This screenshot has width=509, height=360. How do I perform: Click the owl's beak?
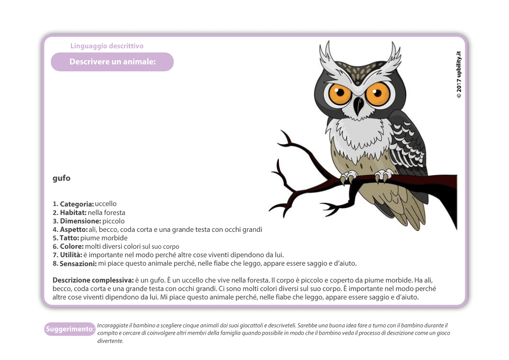(x=358, y=105)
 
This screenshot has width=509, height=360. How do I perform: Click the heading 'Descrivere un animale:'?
(x=112, y=62)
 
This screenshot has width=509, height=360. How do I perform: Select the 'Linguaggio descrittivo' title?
(x=107, y=46)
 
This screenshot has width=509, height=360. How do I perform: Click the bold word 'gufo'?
(x=62, y=178)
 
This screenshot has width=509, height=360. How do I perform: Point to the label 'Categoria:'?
(x=77, y=204)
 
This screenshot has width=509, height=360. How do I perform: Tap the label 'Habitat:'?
(x=73, y=213)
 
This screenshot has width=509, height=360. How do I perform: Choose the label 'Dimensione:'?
(x=80, y=221)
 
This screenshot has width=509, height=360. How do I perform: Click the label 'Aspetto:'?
(x=74, y=230)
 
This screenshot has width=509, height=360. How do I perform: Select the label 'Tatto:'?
(x=69, y=238)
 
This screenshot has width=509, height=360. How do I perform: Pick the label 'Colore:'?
(x=72, y=246)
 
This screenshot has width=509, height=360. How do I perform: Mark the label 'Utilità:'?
(x=71, y=255)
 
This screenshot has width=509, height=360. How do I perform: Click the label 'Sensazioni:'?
(x=78, y=264)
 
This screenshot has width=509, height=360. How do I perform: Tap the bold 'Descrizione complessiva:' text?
(x=93, y=280)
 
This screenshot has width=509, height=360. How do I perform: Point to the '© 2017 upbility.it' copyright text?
(x=459, y=75)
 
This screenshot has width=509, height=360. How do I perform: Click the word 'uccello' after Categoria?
(x=106, y=204)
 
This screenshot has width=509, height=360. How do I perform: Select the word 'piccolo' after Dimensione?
(x=114, y=221)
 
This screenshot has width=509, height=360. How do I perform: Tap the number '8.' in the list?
(x=55, y=264)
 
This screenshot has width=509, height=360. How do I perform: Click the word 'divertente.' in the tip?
(x=110, y=341)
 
